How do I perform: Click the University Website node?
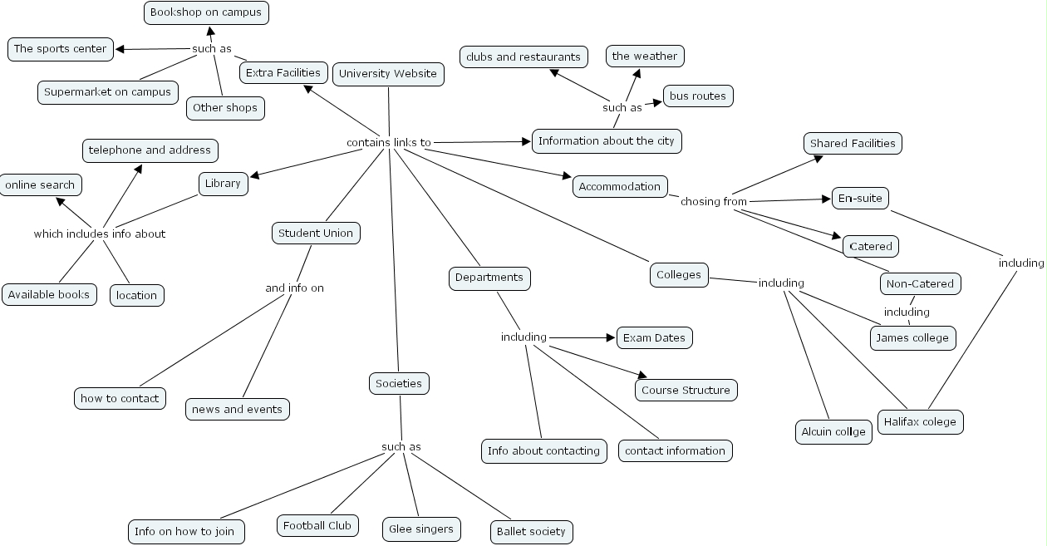click(388, 74)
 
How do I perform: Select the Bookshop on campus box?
click(206, 12)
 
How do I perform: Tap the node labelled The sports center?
click(61, 49)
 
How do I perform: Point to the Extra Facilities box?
click(283, 73)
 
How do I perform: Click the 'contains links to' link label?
click(389, 143)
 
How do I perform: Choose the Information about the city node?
click(607, 141)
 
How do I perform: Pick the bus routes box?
click(698, 96)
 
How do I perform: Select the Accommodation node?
click(620, 187)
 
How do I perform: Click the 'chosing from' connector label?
click(714, 201)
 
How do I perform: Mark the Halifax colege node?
click(920, 422)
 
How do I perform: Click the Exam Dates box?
click(654, 338)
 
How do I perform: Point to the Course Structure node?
click(686, 391)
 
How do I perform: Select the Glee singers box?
click(421, 529)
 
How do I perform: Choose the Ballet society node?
click(531, 532)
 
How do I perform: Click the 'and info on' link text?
click(294, 288)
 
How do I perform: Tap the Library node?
click(223, 184)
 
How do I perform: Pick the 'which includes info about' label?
click(100, 234)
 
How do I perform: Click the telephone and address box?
click(150, 150)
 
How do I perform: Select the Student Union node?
click(316, 234)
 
